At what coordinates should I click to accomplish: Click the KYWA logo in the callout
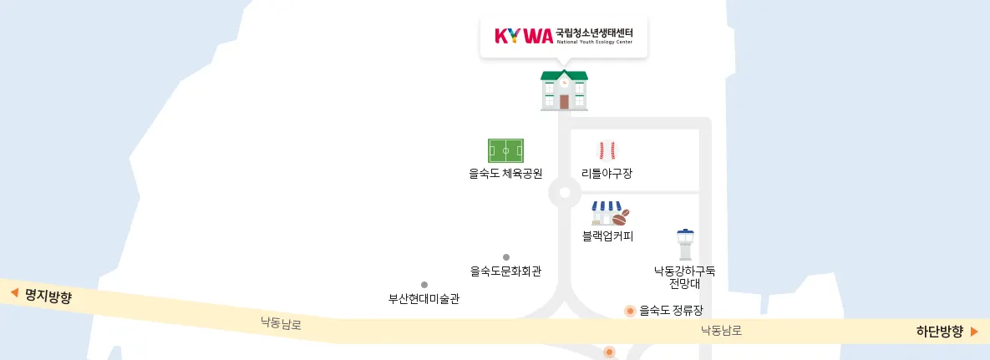click(524, 36)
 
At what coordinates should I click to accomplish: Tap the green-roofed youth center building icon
click(564, 90)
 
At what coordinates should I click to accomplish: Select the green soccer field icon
click(505, 151)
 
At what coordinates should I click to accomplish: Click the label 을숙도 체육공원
click(505, 175)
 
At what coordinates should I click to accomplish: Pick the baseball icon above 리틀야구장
click(607, 150)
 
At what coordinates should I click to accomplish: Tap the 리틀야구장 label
click(607, 175)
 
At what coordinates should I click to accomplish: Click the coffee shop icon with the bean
click(609, 213)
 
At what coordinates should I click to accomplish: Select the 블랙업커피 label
click(607, 236)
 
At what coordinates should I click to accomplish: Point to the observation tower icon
click(685, 245)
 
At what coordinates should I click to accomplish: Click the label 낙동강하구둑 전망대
click(684, 277)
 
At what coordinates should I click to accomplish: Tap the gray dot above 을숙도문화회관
click(505, 257)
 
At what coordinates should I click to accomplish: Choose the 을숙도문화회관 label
click(505, 271)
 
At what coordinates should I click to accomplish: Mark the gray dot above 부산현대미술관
click(424, 285)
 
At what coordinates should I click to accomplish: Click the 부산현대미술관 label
click(424, 298)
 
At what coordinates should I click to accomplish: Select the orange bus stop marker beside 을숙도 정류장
click(630, 312)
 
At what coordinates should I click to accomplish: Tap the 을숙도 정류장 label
click(671, 312)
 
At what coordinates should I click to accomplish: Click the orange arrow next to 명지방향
click(14, 293)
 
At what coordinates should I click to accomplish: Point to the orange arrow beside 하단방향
click(974, 332)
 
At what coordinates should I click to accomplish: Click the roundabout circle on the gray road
click(565, 193)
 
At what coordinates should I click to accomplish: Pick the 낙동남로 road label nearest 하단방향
click(721, 331)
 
